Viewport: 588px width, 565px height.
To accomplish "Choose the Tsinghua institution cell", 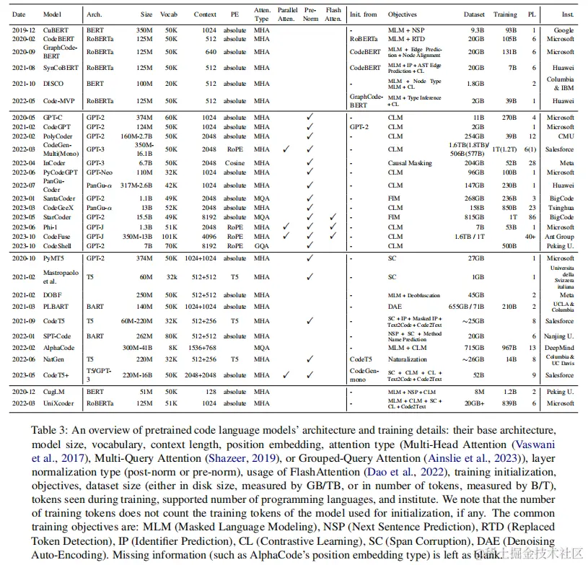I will (x=560, y=207).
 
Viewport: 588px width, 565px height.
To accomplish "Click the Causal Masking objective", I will (x=408, y=163).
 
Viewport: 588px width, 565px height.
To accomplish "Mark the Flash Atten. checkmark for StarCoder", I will (x=333, y=216).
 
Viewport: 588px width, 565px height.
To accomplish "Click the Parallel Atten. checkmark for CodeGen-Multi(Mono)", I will (x=286, y=149).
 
